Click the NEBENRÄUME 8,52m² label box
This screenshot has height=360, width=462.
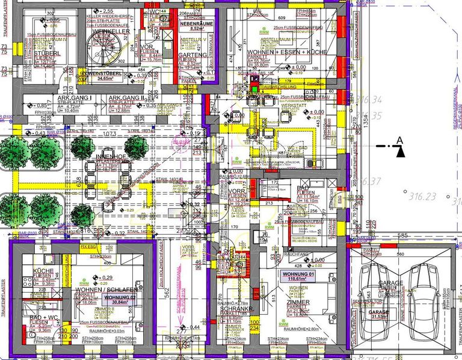click(x=192, y=25)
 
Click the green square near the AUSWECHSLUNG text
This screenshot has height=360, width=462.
click(x=255, y=88)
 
